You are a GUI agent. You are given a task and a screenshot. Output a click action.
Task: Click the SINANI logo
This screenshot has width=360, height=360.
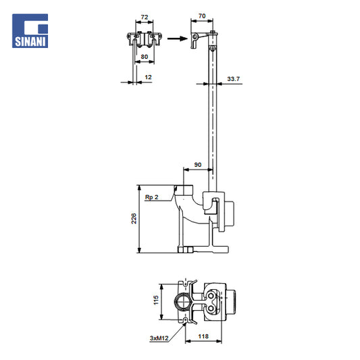pos(30,31)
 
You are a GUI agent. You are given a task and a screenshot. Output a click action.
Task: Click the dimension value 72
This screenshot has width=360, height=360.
pos(145,17)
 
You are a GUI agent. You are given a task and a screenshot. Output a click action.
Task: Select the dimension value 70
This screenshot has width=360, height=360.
pos(202,16)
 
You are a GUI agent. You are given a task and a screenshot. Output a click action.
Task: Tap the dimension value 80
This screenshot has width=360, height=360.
pos(144,57)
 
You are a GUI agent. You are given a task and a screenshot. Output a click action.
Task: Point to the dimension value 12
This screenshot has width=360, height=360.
pos(148,77)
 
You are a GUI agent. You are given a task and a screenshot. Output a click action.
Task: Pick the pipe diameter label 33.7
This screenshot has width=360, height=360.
pos(233,79)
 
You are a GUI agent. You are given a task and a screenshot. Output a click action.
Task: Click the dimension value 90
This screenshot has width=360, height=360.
pos(198,165)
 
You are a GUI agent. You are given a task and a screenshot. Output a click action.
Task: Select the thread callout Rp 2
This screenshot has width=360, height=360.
pos(151,197)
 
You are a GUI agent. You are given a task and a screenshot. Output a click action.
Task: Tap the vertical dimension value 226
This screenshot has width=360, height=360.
pos(134,219)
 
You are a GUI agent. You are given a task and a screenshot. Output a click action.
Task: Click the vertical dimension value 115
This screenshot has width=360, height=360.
pos(156,301)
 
